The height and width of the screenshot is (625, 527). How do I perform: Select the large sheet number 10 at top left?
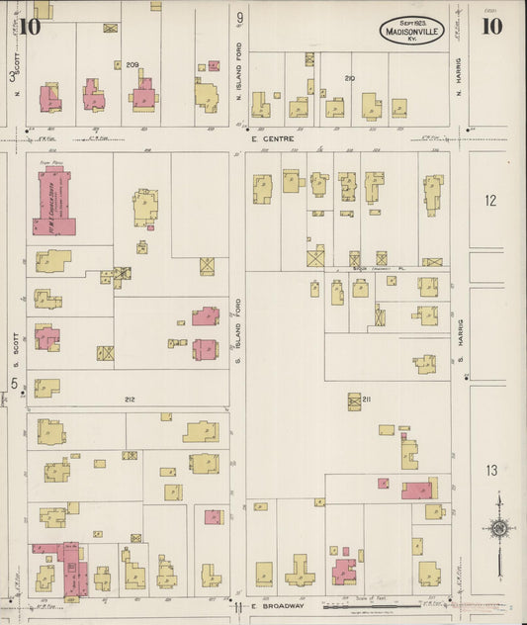point(29,27)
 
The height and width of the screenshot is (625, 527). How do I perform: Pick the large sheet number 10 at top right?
point(491,27)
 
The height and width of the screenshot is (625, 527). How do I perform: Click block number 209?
point(132,64)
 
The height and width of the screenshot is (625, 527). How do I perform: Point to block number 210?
point(349,77)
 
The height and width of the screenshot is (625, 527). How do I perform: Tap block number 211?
point(366,399)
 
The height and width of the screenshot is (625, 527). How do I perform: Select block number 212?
point(129,400)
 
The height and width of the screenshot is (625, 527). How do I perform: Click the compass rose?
point(500,528)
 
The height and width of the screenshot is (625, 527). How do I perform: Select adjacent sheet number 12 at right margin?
point(490,201)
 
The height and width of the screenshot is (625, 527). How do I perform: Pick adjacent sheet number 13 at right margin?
point(491,471)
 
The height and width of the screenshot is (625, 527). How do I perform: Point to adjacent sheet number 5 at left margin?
point(14,383)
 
